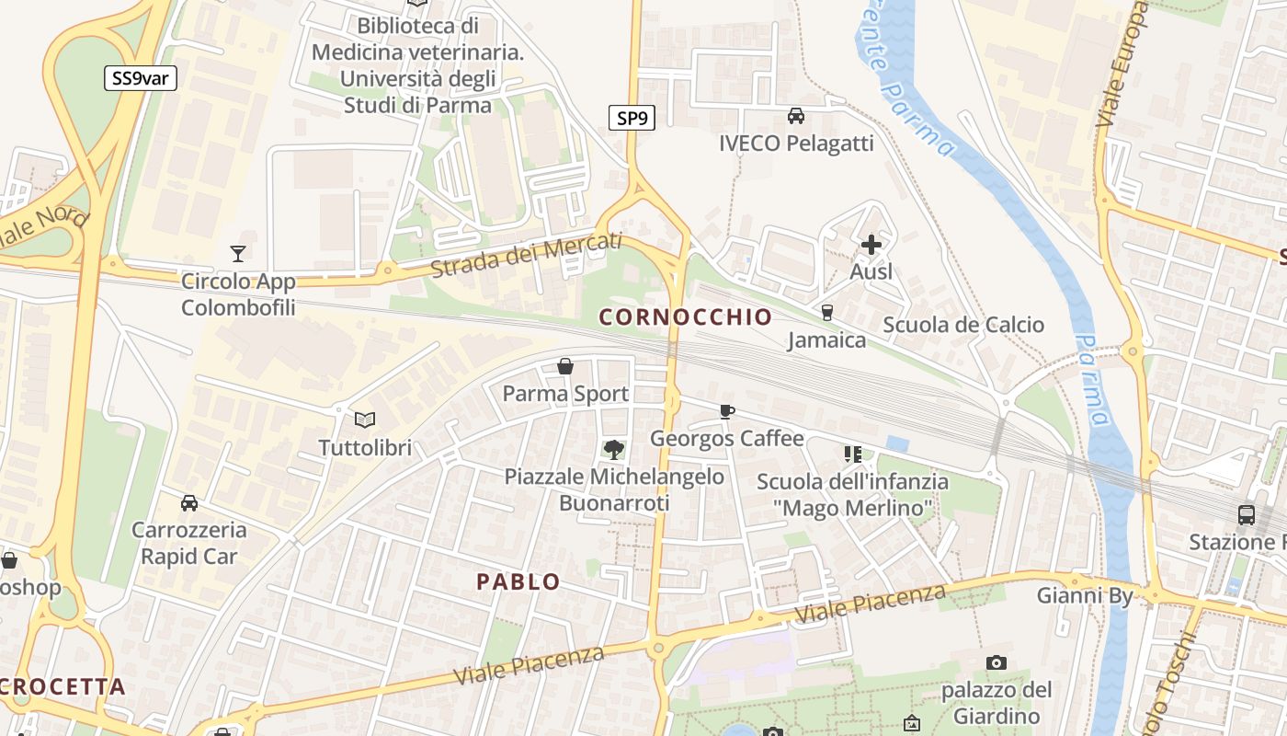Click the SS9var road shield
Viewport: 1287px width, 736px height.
[x=140, y=78]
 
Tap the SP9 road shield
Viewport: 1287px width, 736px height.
[x=632, y=117]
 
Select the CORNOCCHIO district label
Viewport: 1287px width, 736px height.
[x=686, y=317]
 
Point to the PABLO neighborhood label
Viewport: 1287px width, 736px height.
[x=518, y=581]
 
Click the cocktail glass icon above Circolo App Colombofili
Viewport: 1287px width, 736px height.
[x=238, y=253]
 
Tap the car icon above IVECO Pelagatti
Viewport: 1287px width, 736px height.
[x=796, y=116]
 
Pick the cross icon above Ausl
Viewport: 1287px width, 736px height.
[x=871, y=245]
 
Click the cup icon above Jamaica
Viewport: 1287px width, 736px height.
[x=826, y=313]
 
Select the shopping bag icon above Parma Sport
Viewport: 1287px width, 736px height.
[x=565, y=366]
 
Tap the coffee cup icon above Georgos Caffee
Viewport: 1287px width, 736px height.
[x=726, y=411]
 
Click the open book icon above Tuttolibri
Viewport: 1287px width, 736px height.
[x=365, y=420]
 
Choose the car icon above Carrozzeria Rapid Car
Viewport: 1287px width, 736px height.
[x=189, y=502]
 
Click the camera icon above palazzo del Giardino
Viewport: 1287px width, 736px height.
[x=996, y=662]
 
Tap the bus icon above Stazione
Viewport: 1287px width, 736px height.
[x=1247, y=514]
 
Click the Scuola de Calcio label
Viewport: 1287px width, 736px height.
[x=963, y=325]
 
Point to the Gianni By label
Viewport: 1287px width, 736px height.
[x=1085, y=595]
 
